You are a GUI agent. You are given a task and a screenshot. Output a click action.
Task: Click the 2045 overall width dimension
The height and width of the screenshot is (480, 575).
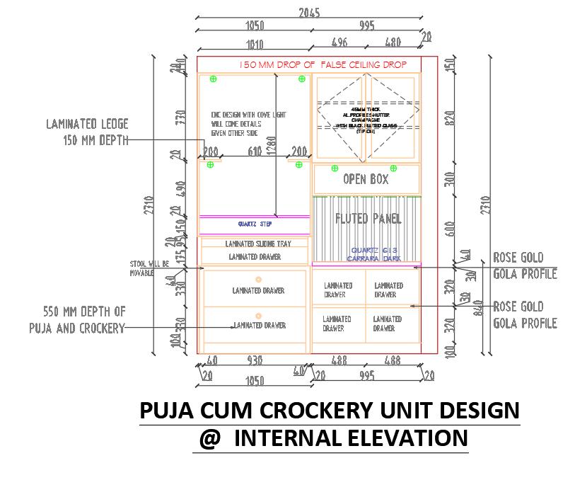pyautogui.click(x=308, y=12)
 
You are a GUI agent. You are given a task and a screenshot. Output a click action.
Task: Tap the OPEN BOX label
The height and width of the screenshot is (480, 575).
pyautogui.click(x=366, y=180)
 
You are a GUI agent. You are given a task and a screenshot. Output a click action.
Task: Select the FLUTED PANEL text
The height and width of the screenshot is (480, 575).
pyautogui.click(x=368, y=218)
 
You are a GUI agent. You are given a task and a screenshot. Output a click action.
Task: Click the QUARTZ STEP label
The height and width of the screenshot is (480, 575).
pyautogui.click(x=255, y=224)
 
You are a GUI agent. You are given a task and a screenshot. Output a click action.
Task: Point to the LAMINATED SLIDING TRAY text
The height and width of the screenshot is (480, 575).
pyautogui.click(x=257, y=244)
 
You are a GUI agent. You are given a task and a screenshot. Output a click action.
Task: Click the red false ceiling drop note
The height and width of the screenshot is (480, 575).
pyautogui.click(x=323, y=64)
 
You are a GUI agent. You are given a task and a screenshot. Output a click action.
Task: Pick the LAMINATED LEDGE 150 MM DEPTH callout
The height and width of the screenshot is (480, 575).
pyautogui.click(x=87, y=132)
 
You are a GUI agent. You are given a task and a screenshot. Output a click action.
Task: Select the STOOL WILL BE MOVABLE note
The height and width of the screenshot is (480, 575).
pyautogui.click(x=149, y=268)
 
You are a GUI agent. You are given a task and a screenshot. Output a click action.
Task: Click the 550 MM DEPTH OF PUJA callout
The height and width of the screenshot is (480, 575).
pyautogui.click(x=77, y=319)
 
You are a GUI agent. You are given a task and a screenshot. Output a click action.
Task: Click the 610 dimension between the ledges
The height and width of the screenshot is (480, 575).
pyautogui.click(x=255, y=151)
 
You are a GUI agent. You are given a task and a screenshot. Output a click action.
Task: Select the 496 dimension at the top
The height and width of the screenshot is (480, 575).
pyautogui.click(x=339, y=42)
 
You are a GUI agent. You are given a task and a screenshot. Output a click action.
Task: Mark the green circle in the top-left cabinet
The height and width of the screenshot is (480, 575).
pyautogui.click(x=213, y=79)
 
